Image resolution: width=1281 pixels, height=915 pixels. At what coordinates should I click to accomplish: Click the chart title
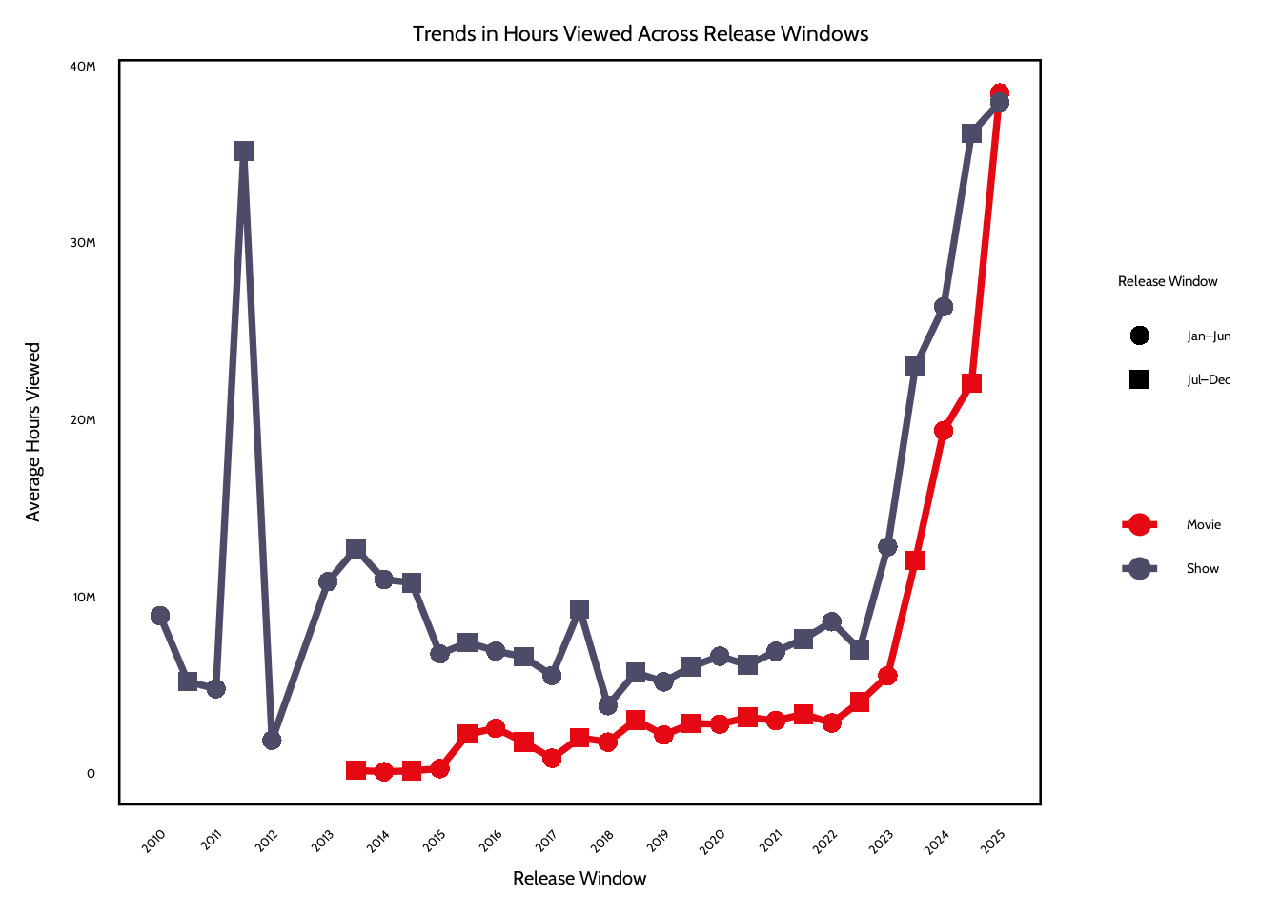pyautogui.click(x=640, y=34)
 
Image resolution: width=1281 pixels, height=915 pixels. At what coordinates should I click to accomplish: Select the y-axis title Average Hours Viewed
pyautogui.click(x=33, y=432)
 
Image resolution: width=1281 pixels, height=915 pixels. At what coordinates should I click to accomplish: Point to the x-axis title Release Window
pyautogui.click(x=579, y=878)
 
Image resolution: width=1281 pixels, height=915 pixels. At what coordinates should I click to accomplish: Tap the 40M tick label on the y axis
pyautogui.click(x=83, y=66)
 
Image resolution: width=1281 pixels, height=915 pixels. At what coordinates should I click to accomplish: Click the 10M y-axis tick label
pyautogui.click(x=84, y=597)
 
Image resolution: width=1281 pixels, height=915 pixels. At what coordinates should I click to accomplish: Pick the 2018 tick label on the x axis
pyautogui.click(x=602, y=840)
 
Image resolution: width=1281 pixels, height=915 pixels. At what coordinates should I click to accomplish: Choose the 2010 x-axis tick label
pyautogui.click(x=153, y=840)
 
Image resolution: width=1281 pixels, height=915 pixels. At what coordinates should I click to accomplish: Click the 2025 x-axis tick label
pyautogui.click(x=993, y=840)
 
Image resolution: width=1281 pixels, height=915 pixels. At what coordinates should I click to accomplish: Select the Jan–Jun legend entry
pyautogui.click(x=1209, y=335)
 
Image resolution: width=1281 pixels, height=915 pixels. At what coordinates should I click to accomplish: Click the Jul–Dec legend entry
pyautogui.click(x=1209, y=379)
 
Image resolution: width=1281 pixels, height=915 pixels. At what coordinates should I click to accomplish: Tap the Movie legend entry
pyautogui.click(x=1203, y=524)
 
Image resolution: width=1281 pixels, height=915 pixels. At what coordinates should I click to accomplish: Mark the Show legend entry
pyautogui.click(x=1202, y=568)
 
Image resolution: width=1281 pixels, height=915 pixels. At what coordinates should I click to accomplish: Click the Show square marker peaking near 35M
pyautogui.click(x=243, y=152)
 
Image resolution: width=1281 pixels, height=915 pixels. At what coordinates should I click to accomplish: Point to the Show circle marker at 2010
pyautogui.click(x=160, y=616)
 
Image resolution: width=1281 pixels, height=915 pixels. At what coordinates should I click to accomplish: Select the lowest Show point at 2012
pyautogui.click(x=272, y=740)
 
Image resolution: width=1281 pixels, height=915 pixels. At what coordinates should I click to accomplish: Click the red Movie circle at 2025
pyautogui.click(x=999, y=91)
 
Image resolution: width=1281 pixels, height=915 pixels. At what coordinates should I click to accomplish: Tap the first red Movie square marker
pyautogui.click(x=356, y=770)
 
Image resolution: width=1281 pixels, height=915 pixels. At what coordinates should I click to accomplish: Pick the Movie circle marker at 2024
pyautogui.click(x=944, y=431)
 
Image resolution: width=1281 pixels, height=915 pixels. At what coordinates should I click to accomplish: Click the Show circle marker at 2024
pyautogui.click(x=944, y=307)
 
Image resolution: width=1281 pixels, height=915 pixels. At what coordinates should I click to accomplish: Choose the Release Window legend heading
pyautogui.click(x=1168, y=281)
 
